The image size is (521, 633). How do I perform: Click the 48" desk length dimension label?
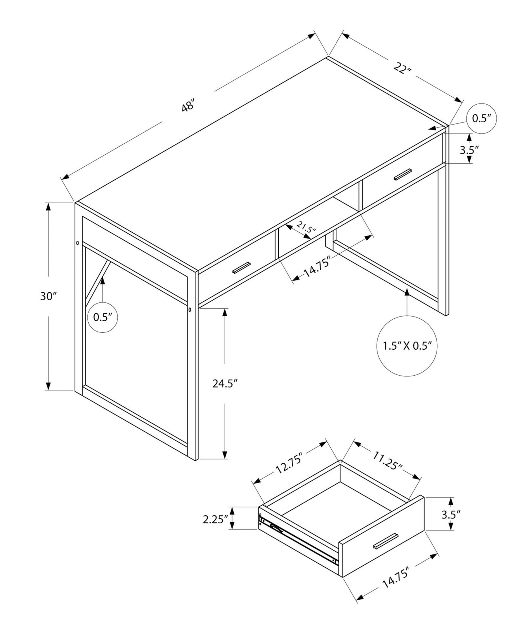click(188, 107)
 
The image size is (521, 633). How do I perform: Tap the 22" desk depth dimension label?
click(402, 67)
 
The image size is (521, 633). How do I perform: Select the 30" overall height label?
click(49, 296)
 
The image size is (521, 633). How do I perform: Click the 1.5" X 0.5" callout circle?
click(407, 346)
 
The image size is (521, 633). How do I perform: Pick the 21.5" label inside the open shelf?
click(306, 228)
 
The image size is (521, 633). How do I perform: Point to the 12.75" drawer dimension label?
click(289, 463)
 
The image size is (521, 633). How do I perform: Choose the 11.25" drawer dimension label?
click(388, 461)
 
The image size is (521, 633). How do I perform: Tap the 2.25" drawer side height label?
click(216, 519)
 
